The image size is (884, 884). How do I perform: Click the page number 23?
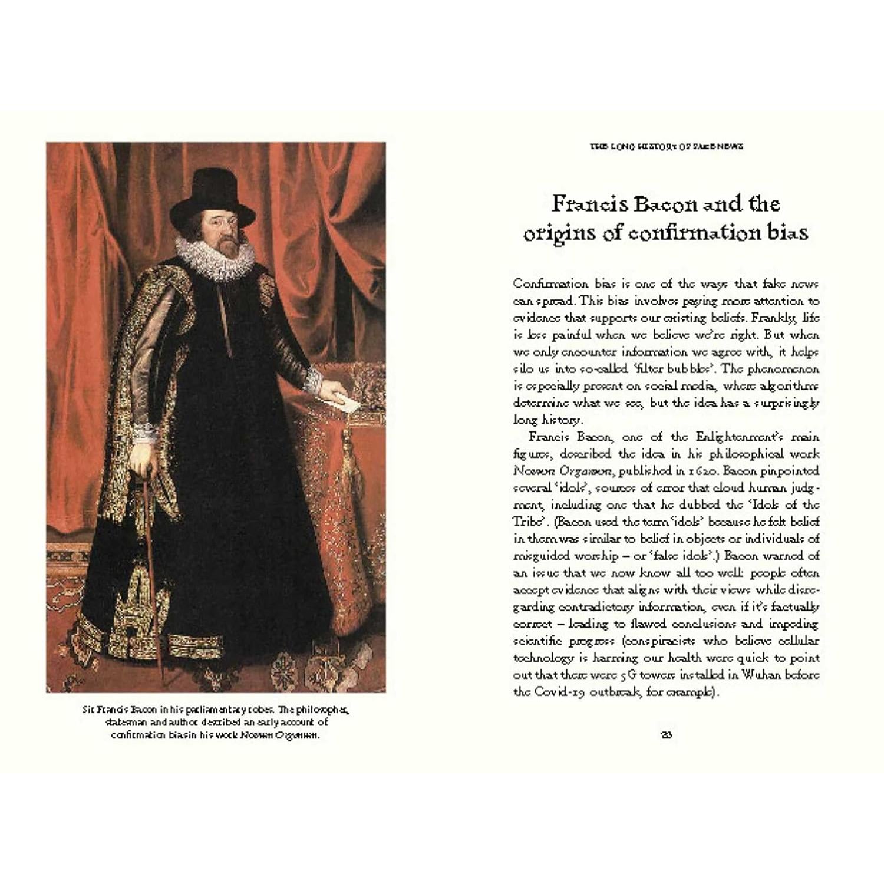pos(667,735)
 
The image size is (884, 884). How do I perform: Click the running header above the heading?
pos(666,146)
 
